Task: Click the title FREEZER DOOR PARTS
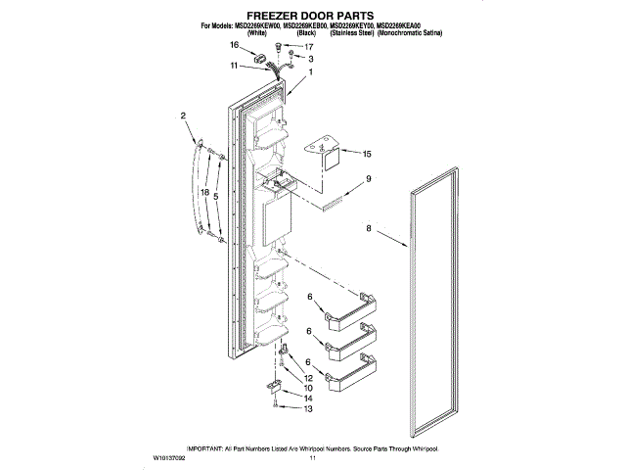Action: tap(312, 16)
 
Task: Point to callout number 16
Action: tap(235, 45)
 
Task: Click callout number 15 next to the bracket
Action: tap(367, 154)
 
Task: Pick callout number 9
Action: tap(368, 179)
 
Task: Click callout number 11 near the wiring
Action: tap(235, 66)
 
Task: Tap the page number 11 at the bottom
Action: tap(313, 456)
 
